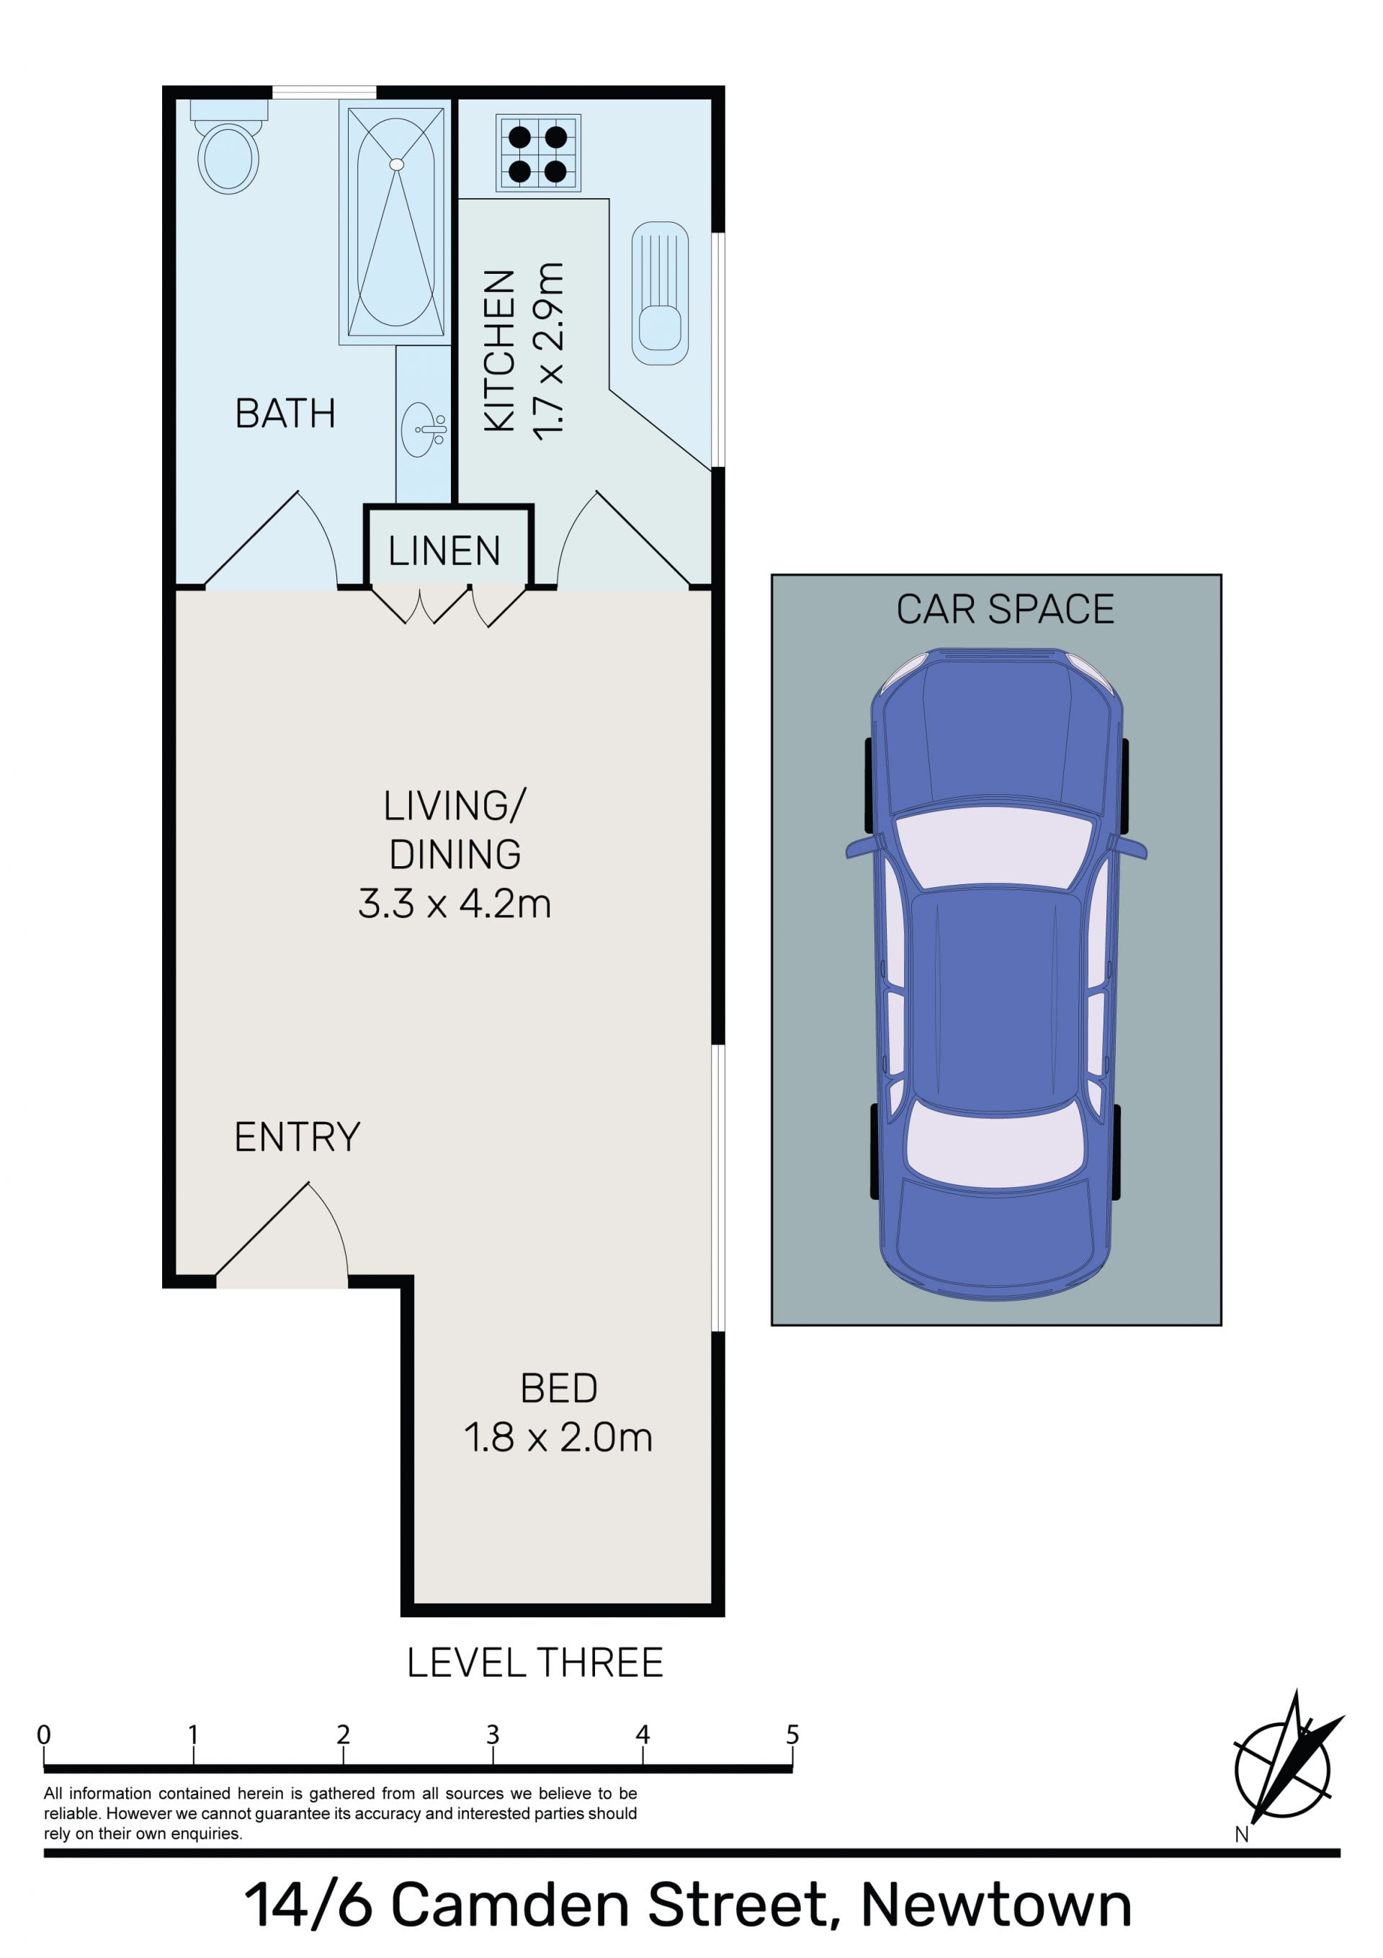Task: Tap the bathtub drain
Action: pyautogui.click(x=396, y=163)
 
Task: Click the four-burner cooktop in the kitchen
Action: pyautogui.click(x=538, y=153)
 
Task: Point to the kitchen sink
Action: pyautogui.click(x=660, y=293)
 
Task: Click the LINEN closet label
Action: pyautogui.click(x=444, y=551)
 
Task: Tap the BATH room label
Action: pyautogui.click(x=285, y=414)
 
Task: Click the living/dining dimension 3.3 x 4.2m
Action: pyautogui.click(x=455, y=904)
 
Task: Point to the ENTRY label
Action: pyautogui.click(x=297, y=1136)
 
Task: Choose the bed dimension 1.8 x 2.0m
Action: pyautogui.click(x=558, y=1438)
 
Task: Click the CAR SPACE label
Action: pyautogui.click(x=1006, y=609)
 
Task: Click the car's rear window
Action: pyautogui.click(x=995, y=1143)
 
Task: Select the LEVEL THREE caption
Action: pyautogui.click(x=535, y=1663)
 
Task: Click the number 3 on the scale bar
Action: pyautogui.click(x=493, y=1735)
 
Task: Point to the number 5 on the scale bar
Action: pyautogui.click(x=793, y=1735)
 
